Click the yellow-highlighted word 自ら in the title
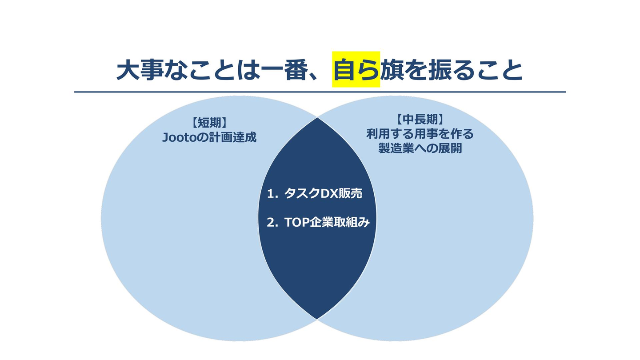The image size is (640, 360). tap(356, 70)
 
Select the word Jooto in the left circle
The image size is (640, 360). tap(178, 137)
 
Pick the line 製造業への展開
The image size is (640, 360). tap(420, 148)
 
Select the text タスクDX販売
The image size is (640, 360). tap(323, 193)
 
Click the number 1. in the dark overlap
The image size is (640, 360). tap(272, 194)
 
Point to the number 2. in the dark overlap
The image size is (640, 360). tap(272, 223)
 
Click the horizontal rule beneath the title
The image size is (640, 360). tap(320, 92)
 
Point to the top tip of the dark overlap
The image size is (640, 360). tap(317, 118)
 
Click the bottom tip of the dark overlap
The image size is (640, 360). tap(317, 319)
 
